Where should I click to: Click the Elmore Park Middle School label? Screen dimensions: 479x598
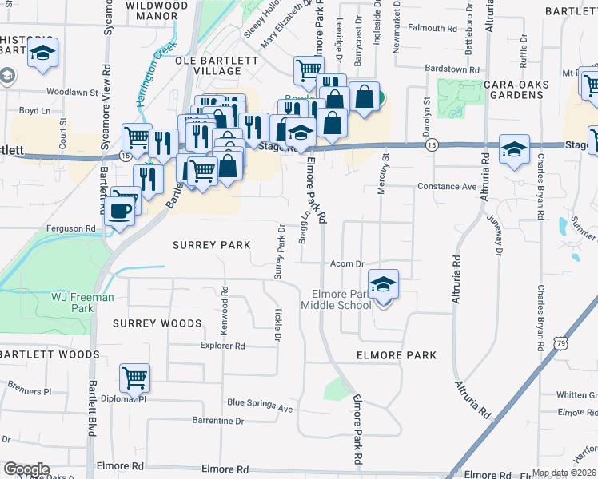(x=336, y=299)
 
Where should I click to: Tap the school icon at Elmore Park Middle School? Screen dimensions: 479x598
(x=384, y=285)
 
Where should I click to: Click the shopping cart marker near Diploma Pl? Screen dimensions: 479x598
(x=135, y=378)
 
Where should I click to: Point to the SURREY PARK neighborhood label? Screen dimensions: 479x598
(x=212, y=245)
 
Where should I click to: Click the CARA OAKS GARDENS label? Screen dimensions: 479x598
(x=512, y=89)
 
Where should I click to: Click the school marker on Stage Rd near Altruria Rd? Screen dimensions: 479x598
(x=514, y=149)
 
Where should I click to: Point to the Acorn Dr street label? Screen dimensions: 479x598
(x=348, y=263)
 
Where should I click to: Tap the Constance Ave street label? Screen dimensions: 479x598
(x=447, y=187)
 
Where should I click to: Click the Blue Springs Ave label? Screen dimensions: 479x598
(x=260, y=406)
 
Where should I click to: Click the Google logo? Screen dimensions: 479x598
(x=26, y=469)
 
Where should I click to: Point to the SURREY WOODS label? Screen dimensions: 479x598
(x=157, y=323)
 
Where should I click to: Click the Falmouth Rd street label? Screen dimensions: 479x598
(x=433, y=28)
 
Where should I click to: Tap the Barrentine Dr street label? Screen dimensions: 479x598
(x=217, y=420)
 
